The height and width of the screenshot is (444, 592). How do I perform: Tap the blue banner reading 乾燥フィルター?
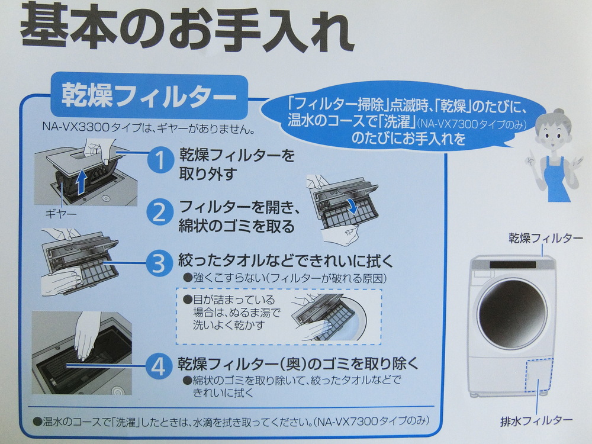click(x=145, y=97)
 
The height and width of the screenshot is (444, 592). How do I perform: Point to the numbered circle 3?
click(x=159, y=263)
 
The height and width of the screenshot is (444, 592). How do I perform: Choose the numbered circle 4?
click(x=159, y=367)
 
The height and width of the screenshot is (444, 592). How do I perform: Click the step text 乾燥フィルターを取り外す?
click(x=237, y=164)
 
